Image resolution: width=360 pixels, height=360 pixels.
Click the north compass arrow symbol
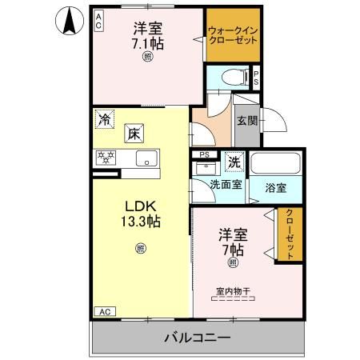[x=69, y=19]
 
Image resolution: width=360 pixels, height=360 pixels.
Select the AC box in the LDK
[x=103, y=310]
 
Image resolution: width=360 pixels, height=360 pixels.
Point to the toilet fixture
[x=231, y=78]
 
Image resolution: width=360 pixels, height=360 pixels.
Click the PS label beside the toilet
[x=256, y=78]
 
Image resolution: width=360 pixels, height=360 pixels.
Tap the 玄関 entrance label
[x=246, y=121]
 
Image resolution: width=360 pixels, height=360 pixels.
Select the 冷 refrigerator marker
[x=105, y=119]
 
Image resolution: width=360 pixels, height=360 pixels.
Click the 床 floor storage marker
[x=132, y=134]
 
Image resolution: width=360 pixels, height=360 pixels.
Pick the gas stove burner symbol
[x=106, y=158]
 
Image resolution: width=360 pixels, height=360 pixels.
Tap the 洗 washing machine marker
[x=234, y=161]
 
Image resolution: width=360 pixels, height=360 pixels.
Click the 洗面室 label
[x=226, y=184]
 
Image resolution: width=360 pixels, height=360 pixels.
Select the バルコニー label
[x=198, y=338]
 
